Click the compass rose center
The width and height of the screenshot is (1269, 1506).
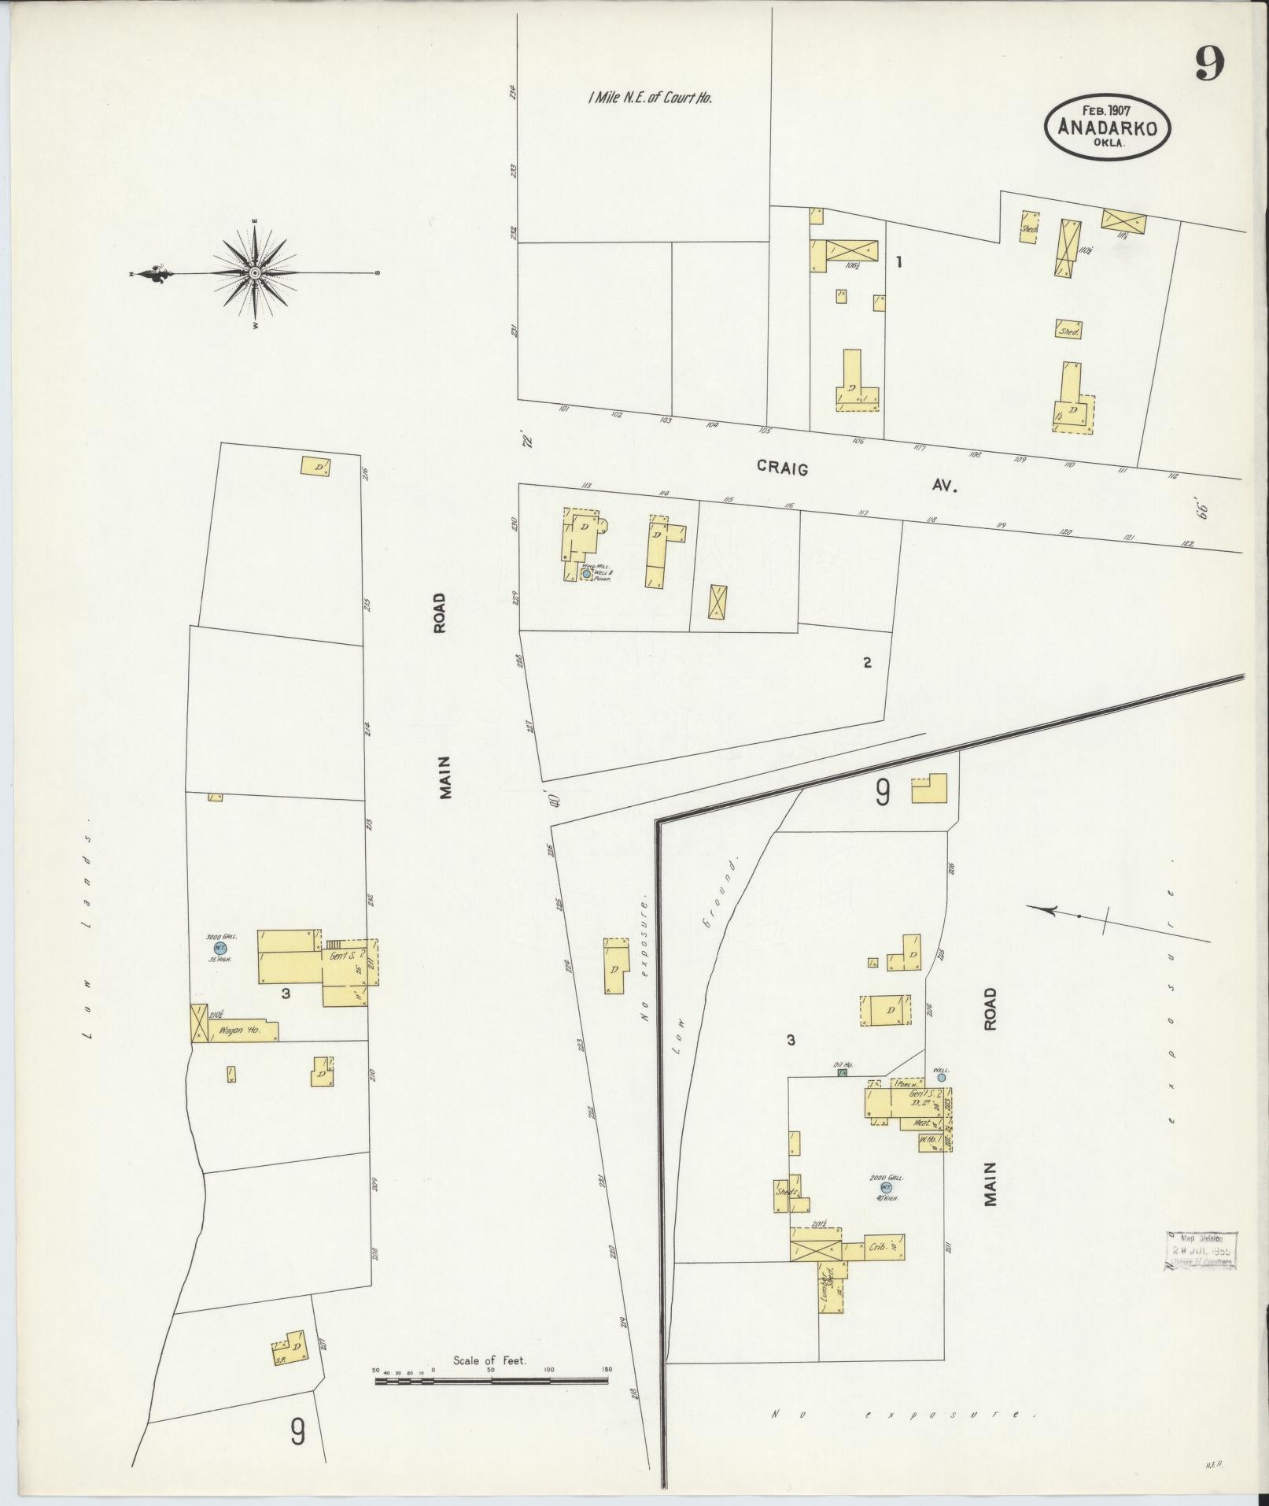click(255, 273)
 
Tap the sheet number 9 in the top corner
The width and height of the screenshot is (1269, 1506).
click(1209, 65)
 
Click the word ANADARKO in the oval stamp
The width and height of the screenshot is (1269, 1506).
click(1107, 128)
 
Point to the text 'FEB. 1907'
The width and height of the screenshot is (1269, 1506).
click(1106, 111)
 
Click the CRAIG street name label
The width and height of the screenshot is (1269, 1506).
click(782, 468)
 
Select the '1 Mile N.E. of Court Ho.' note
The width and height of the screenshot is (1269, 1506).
click(649, 98)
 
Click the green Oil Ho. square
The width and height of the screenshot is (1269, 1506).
click(843, 1072)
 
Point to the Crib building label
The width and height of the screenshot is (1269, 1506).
click(879, 1248)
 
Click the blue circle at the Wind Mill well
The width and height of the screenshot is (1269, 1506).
click(586, 575)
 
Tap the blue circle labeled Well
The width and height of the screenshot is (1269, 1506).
click(941, 1078)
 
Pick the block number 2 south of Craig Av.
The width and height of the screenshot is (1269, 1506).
click(867, 663)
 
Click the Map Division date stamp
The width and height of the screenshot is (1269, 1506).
click(1201, 1250)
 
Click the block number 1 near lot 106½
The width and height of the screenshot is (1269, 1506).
click(898, 263)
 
